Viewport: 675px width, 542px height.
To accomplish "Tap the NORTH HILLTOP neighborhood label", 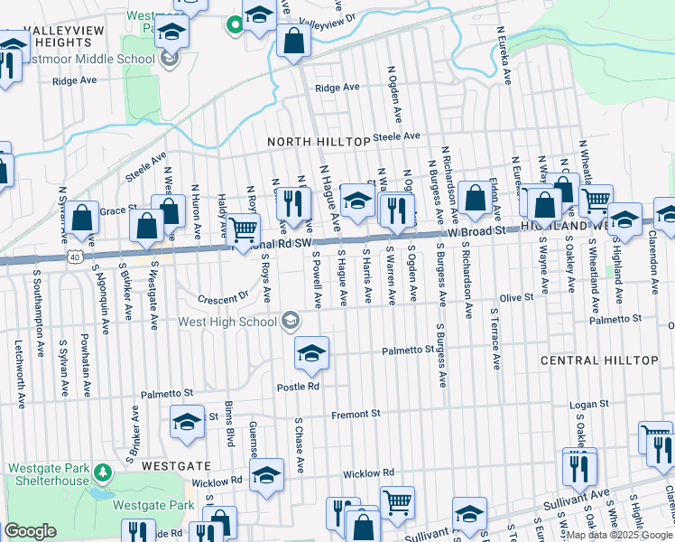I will (319, 142).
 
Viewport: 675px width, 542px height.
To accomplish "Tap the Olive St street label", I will (516, 296).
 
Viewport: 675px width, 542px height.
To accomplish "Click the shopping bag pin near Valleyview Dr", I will (293, 41).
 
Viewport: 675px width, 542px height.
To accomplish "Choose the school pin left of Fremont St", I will (188, 422).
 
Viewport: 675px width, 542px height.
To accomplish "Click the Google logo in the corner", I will (30, 531).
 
